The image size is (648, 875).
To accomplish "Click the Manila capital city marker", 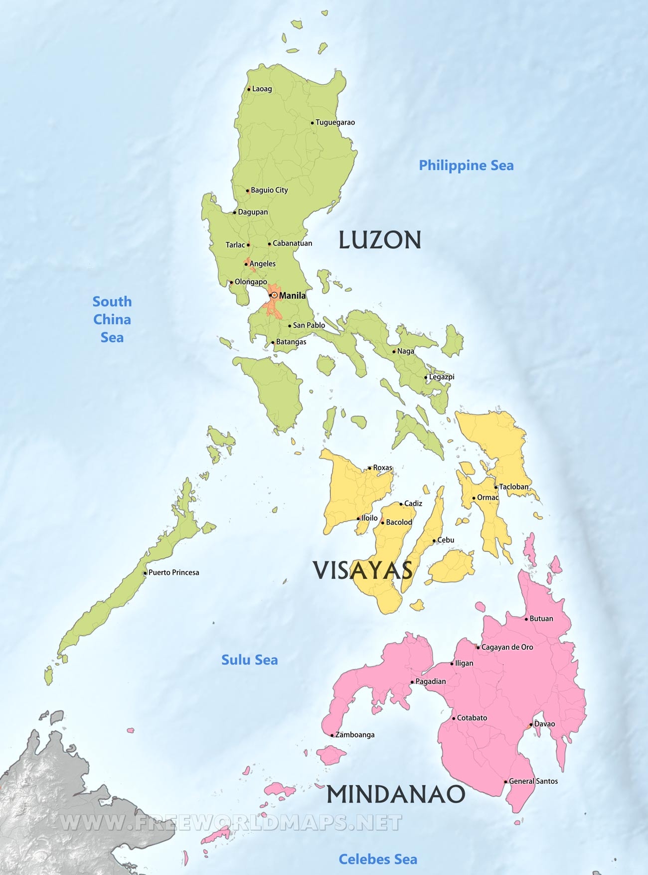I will coord(274,295).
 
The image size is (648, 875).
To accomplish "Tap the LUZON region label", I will coord(380,240).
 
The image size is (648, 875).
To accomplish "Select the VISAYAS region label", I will coord(363,571).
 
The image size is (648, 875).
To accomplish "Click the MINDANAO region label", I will coord(396,794).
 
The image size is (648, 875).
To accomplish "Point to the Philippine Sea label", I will coord(466,165).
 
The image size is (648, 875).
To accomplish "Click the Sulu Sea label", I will coord(249,660).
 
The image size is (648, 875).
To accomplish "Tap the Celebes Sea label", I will coord(378,859).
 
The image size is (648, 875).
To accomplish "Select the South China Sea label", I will coord(112,319).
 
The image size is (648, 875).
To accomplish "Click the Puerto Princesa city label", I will coord(173,573).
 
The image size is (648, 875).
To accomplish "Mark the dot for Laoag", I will coord(249,90).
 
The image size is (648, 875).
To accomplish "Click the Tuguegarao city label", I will coord(335,123).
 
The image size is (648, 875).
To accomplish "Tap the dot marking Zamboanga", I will coord(332,735).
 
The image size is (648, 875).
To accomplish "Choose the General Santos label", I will coord(533,781).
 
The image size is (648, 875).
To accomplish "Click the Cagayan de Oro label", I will coord(507,647).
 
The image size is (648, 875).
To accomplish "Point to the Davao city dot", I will coord(531,725).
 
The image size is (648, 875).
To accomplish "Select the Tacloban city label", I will coord(513,487).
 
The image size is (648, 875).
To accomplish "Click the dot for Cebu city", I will coord(434,541).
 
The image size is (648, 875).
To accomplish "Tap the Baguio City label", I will coord(269,190).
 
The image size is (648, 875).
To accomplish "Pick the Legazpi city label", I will coord(442,377).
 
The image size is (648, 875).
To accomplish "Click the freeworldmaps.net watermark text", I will coord(230,823).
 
